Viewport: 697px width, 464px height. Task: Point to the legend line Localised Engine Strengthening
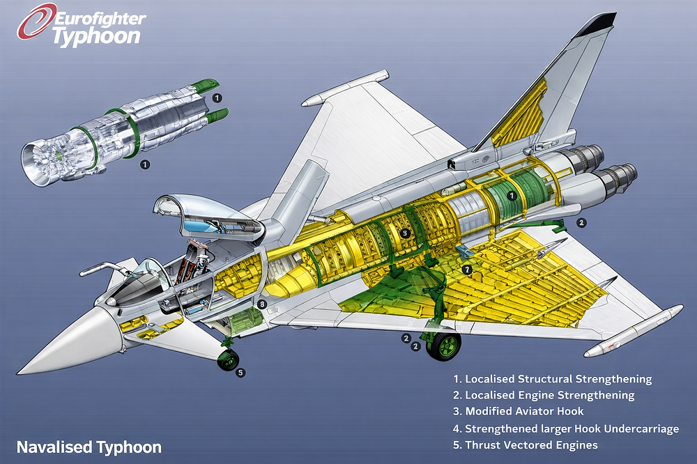[x=544, y=395]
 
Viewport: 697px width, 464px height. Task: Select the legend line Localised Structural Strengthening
[x=552, y=379]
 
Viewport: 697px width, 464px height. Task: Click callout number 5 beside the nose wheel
[x=240, y=373]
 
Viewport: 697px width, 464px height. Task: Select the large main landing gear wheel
[x=444, y=346]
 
